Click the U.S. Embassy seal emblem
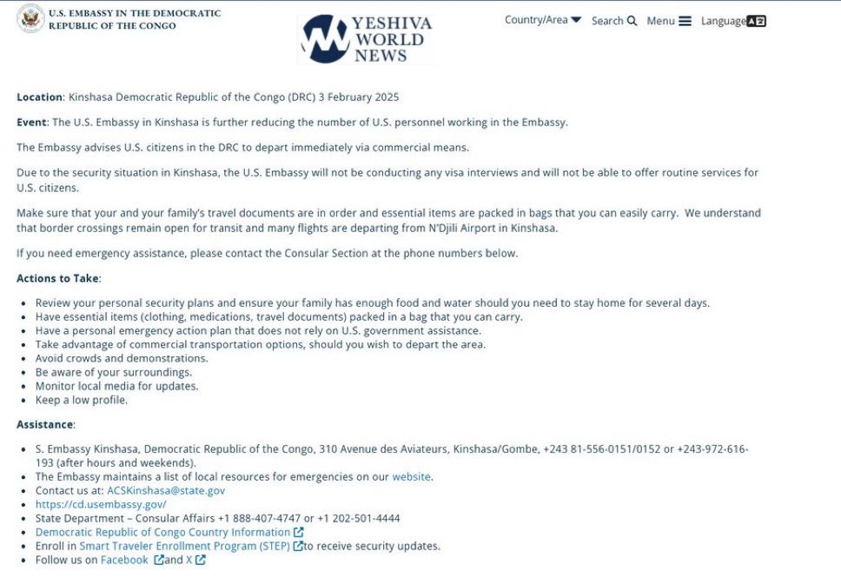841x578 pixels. (x=30, y=18)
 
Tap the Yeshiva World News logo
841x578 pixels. (x=366, y=39)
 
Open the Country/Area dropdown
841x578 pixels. (x=543, y=20)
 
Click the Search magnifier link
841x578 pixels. (x=614, y=21)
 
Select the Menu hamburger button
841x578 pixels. (x=669, y=21)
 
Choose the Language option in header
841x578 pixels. (x=733, y=21)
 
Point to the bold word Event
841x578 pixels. (x=31, y=123)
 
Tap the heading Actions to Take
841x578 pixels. (x=58, y=278)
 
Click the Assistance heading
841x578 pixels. (x=45, y=424)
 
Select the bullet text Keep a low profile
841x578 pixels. (x=82, y=400)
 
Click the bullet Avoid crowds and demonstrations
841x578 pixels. (x=122, y=358)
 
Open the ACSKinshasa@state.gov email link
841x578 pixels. (x=166, y=490)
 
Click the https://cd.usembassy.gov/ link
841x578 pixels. (x=101, y=504)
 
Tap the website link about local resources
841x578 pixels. (x=412, y=476)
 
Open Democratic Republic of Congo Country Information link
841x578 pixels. (x=163, y=532)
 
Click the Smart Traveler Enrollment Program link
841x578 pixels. (x=185, y=546)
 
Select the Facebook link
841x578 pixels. (x=125, y=560)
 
